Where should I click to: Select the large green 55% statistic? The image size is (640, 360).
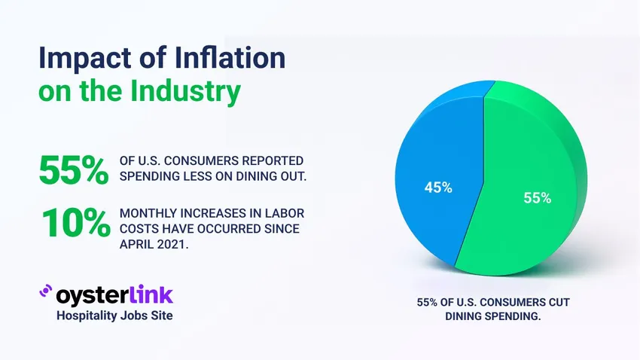[74, 170]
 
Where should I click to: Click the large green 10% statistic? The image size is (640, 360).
[74, 224]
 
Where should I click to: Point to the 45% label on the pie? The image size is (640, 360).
[437, 188]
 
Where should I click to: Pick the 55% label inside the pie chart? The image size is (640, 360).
[537, 199]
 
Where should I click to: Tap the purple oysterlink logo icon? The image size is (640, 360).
[45, 292]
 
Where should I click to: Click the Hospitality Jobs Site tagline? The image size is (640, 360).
[114, 316]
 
